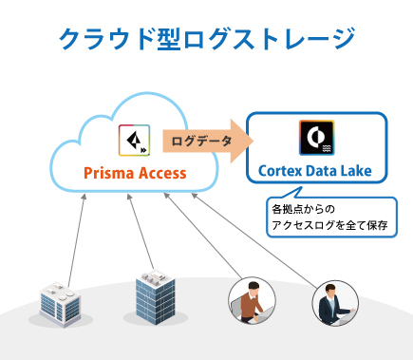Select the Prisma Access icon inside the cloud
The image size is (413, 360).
[x=134, y=141]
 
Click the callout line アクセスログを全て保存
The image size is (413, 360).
[x=332, y=226]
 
